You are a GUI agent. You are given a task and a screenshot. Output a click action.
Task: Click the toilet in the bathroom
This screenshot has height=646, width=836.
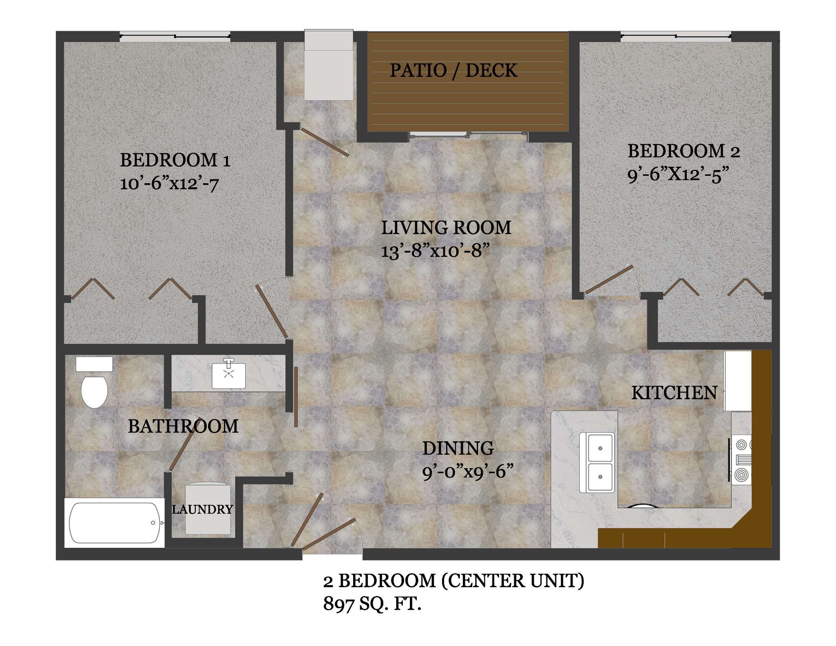94,389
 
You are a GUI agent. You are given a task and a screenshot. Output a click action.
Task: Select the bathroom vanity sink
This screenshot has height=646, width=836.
229,373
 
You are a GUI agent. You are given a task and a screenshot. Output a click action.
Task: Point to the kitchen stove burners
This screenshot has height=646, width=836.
742,461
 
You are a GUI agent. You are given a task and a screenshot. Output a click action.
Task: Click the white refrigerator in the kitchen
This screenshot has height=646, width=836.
737,381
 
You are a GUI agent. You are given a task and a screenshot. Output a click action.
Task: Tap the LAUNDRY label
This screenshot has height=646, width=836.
202,509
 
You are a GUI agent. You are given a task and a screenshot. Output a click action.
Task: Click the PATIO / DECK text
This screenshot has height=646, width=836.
453,71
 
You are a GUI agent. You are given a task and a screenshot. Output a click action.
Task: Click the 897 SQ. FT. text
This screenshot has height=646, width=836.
372,604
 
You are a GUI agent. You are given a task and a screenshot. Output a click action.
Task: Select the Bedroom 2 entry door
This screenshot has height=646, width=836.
609,279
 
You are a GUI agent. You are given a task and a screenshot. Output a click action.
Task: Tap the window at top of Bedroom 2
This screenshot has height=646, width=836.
676,37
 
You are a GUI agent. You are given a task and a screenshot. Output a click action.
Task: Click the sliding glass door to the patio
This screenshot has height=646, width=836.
469,135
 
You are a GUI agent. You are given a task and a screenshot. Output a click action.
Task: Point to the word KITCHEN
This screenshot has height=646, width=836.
674,393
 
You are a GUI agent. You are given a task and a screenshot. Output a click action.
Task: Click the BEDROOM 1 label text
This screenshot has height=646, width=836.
175,160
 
